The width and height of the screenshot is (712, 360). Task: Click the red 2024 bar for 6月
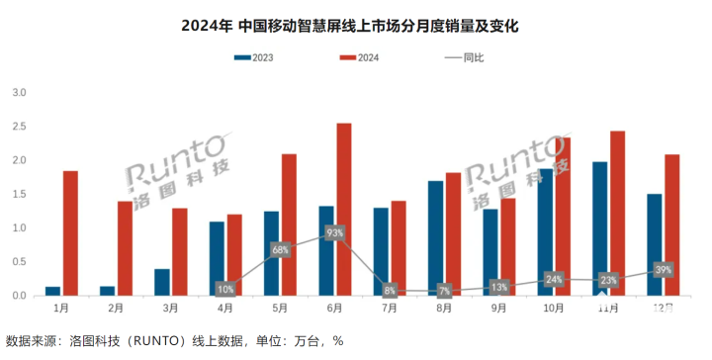344,209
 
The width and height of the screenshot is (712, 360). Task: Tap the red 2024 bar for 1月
70,232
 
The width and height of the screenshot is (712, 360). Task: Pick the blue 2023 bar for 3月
162,282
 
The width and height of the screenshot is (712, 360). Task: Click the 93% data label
334,233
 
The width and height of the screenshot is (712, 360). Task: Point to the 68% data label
280,249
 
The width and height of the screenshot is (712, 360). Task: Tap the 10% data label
225,289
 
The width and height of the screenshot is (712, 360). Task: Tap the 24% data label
553,280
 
